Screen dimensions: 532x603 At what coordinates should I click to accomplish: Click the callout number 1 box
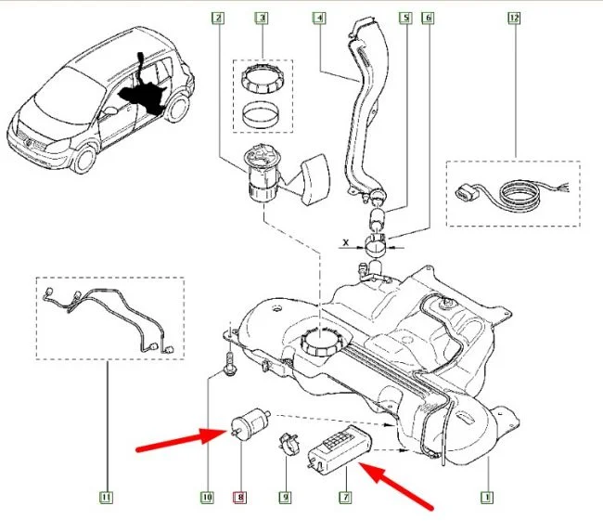click(485, 498)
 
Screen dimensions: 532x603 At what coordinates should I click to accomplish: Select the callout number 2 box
click(217, 18)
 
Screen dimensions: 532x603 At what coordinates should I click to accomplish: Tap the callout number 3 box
click(263, 18)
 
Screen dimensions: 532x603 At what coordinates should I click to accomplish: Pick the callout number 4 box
click(318, 18)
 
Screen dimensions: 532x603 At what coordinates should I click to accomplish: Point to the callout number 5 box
click(404, 18)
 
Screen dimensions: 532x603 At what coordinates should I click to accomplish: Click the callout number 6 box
click(428, 18)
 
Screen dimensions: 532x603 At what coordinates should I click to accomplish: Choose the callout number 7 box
click(346, 498)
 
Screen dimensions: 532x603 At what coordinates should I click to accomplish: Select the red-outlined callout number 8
click(242, 498)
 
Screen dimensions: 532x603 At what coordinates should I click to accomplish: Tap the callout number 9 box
click(286, 498)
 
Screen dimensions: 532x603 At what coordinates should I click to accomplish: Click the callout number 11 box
click(106, 498)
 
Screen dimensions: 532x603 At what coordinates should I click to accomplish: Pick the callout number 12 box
click(513, 18)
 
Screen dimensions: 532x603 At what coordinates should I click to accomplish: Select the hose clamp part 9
click(289, 442)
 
